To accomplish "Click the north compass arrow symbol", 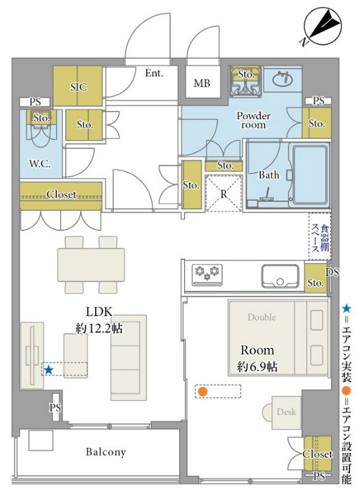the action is point(322,27).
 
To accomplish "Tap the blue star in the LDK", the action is point(48,370).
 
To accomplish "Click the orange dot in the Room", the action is point(203,392).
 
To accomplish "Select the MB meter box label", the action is point(202,83).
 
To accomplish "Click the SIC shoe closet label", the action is point(78,86).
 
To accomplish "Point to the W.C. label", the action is point(40,164).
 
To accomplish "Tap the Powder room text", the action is point(254,120).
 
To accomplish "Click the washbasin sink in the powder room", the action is point(283,79).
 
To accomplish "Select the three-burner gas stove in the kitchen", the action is point(207,275).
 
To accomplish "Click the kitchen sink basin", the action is point(280,276).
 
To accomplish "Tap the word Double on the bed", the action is point(262,317).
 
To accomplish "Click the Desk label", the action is point(287,411).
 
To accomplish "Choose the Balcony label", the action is point(106,452).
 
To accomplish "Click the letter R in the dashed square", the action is point(224,194).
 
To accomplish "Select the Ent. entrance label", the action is point(154,73).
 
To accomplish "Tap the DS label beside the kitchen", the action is point(332,272).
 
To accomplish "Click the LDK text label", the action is point(99,312).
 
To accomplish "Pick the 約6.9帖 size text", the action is point(257,366).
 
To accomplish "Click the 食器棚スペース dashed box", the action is point(320,237).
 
